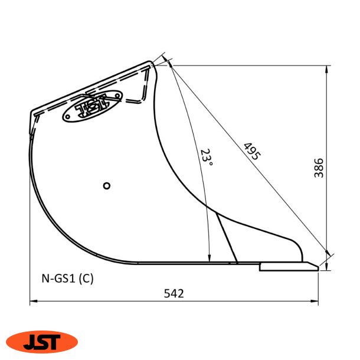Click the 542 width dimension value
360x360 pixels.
(174, 293)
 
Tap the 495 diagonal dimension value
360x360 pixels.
(251, 152)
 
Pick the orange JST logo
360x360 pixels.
(42, 341)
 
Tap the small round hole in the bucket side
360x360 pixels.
(107, 185)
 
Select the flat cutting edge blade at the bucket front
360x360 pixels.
(289, 267)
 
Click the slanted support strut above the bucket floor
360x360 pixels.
(227, 238)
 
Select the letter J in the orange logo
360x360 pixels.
(29, 342)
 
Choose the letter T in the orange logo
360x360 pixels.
(57, 341)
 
